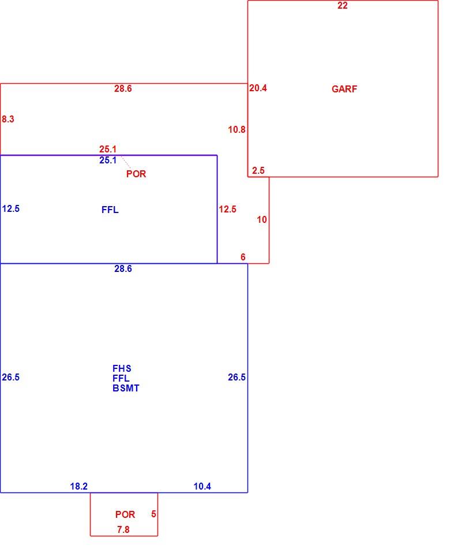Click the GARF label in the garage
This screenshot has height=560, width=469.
[x=344, y=89]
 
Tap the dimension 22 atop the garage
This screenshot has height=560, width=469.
[x=342, y=5]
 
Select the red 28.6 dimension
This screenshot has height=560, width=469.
[x=123, y=88]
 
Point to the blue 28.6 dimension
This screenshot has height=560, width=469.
[x=123, y=268]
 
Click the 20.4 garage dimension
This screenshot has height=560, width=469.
[x=258, y=88]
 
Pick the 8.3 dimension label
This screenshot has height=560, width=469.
[x=8, y=119]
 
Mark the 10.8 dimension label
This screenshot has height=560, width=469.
[x=237, y=130]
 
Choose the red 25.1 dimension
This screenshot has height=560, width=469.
[x=108, y=149]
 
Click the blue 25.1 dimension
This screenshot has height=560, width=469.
[x=108, y=160]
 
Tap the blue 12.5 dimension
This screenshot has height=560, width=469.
[x=11, y=208]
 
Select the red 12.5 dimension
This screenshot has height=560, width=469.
[x=227, y=209]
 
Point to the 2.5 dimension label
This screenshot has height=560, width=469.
[x=258, y=171]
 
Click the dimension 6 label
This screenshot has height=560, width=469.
[x=243, y=257]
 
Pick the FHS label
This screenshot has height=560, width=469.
[x=122, y=368]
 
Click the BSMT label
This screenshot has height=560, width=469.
[x=126, y=388]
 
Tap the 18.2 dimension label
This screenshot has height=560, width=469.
[x=78, y=487]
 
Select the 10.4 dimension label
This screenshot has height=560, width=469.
[x=202, y=487]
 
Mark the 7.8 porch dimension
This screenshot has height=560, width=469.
[x=123, y=529]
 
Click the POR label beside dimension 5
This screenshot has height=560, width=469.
[x=125, y=514]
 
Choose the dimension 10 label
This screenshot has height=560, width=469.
[x=262, y=219]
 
